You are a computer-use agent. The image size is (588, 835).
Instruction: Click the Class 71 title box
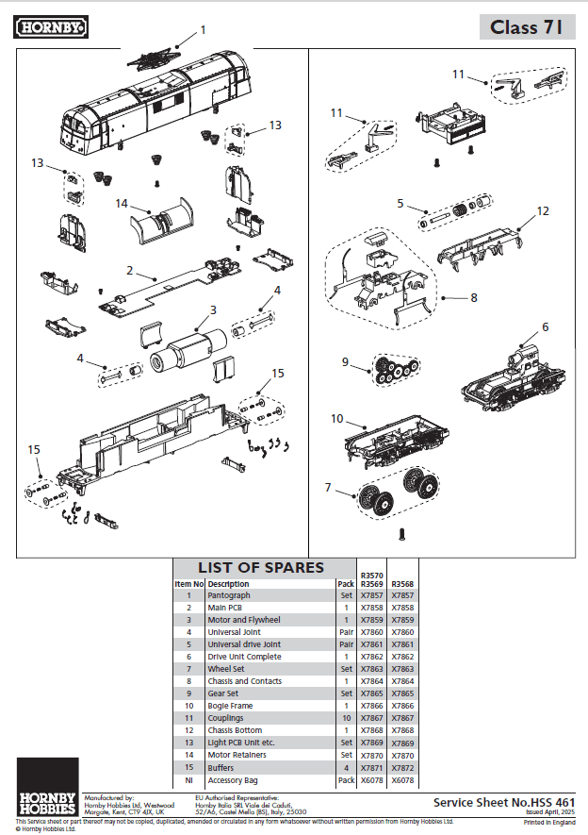(526, 27)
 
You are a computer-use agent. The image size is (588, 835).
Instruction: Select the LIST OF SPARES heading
(260, 568)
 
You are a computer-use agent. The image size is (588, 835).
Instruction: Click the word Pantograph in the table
(229, 595)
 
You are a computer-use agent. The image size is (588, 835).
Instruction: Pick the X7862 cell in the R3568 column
(402, 657)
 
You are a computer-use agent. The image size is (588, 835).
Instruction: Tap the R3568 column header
(402, 583)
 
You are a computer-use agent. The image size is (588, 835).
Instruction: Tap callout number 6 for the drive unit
(545, 326)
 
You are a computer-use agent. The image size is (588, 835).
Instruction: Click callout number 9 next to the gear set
(345, 360)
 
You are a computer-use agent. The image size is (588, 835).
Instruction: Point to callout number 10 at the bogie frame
(336, 417)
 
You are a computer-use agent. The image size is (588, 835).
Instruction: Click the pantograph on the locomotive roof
(151, 58)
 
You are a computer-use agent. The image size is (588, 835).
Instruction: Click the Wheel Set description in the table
(227, 669)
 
